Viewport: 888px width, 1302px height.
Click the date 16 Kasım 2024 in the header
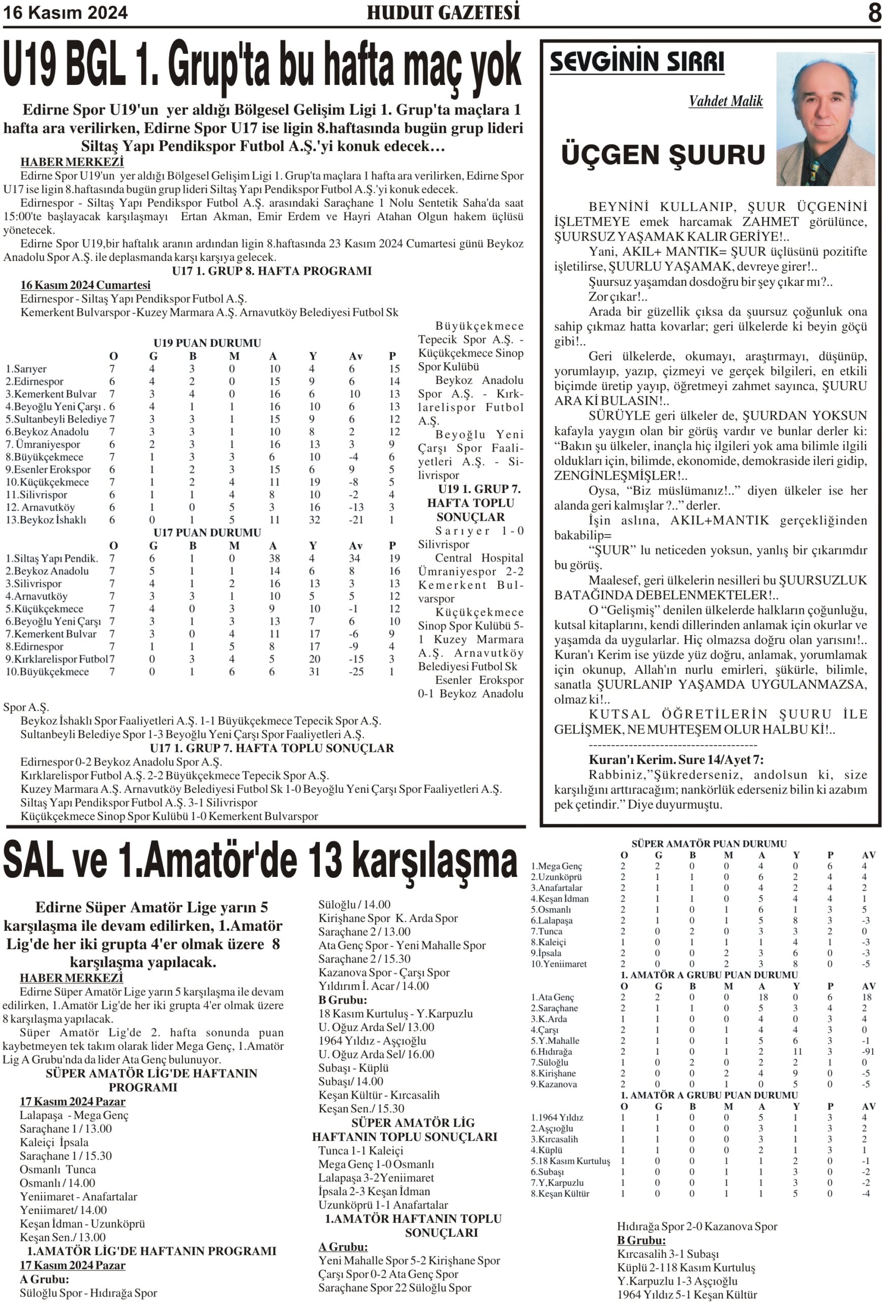pos(66,12)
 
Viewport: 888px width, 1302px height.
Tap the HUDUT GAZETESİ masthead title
pos(443,12)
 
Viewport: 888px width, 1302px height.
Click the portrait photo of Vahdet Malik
pos(825,119)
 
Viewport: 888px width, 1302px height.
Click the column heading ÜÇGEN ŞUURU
pos(662,155)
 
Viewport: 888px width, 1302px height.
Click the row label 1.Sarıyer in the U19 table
pos(26,369)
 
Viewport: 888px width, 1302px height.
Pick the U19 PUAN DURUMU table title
pos(207,343)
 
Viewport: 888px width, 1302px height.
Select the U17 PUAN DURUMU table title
pos(207,532)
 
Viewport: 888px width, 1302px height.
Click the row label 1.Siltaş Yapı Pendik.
pos(51,558)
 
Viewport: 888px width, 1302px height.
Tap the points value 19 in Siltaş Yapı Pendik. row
pos(394,558)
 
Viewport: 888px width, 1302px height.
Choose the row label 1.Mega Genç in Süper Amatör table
pos(556,866)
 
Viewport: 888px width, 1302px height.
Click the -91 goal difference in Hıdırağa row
pos(868,1052)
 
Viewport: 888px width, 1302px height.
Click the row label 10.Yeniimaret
pos(559,964)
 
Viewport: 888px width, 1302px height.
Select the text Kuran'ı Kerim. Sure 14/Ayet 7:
pos(676,760)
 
